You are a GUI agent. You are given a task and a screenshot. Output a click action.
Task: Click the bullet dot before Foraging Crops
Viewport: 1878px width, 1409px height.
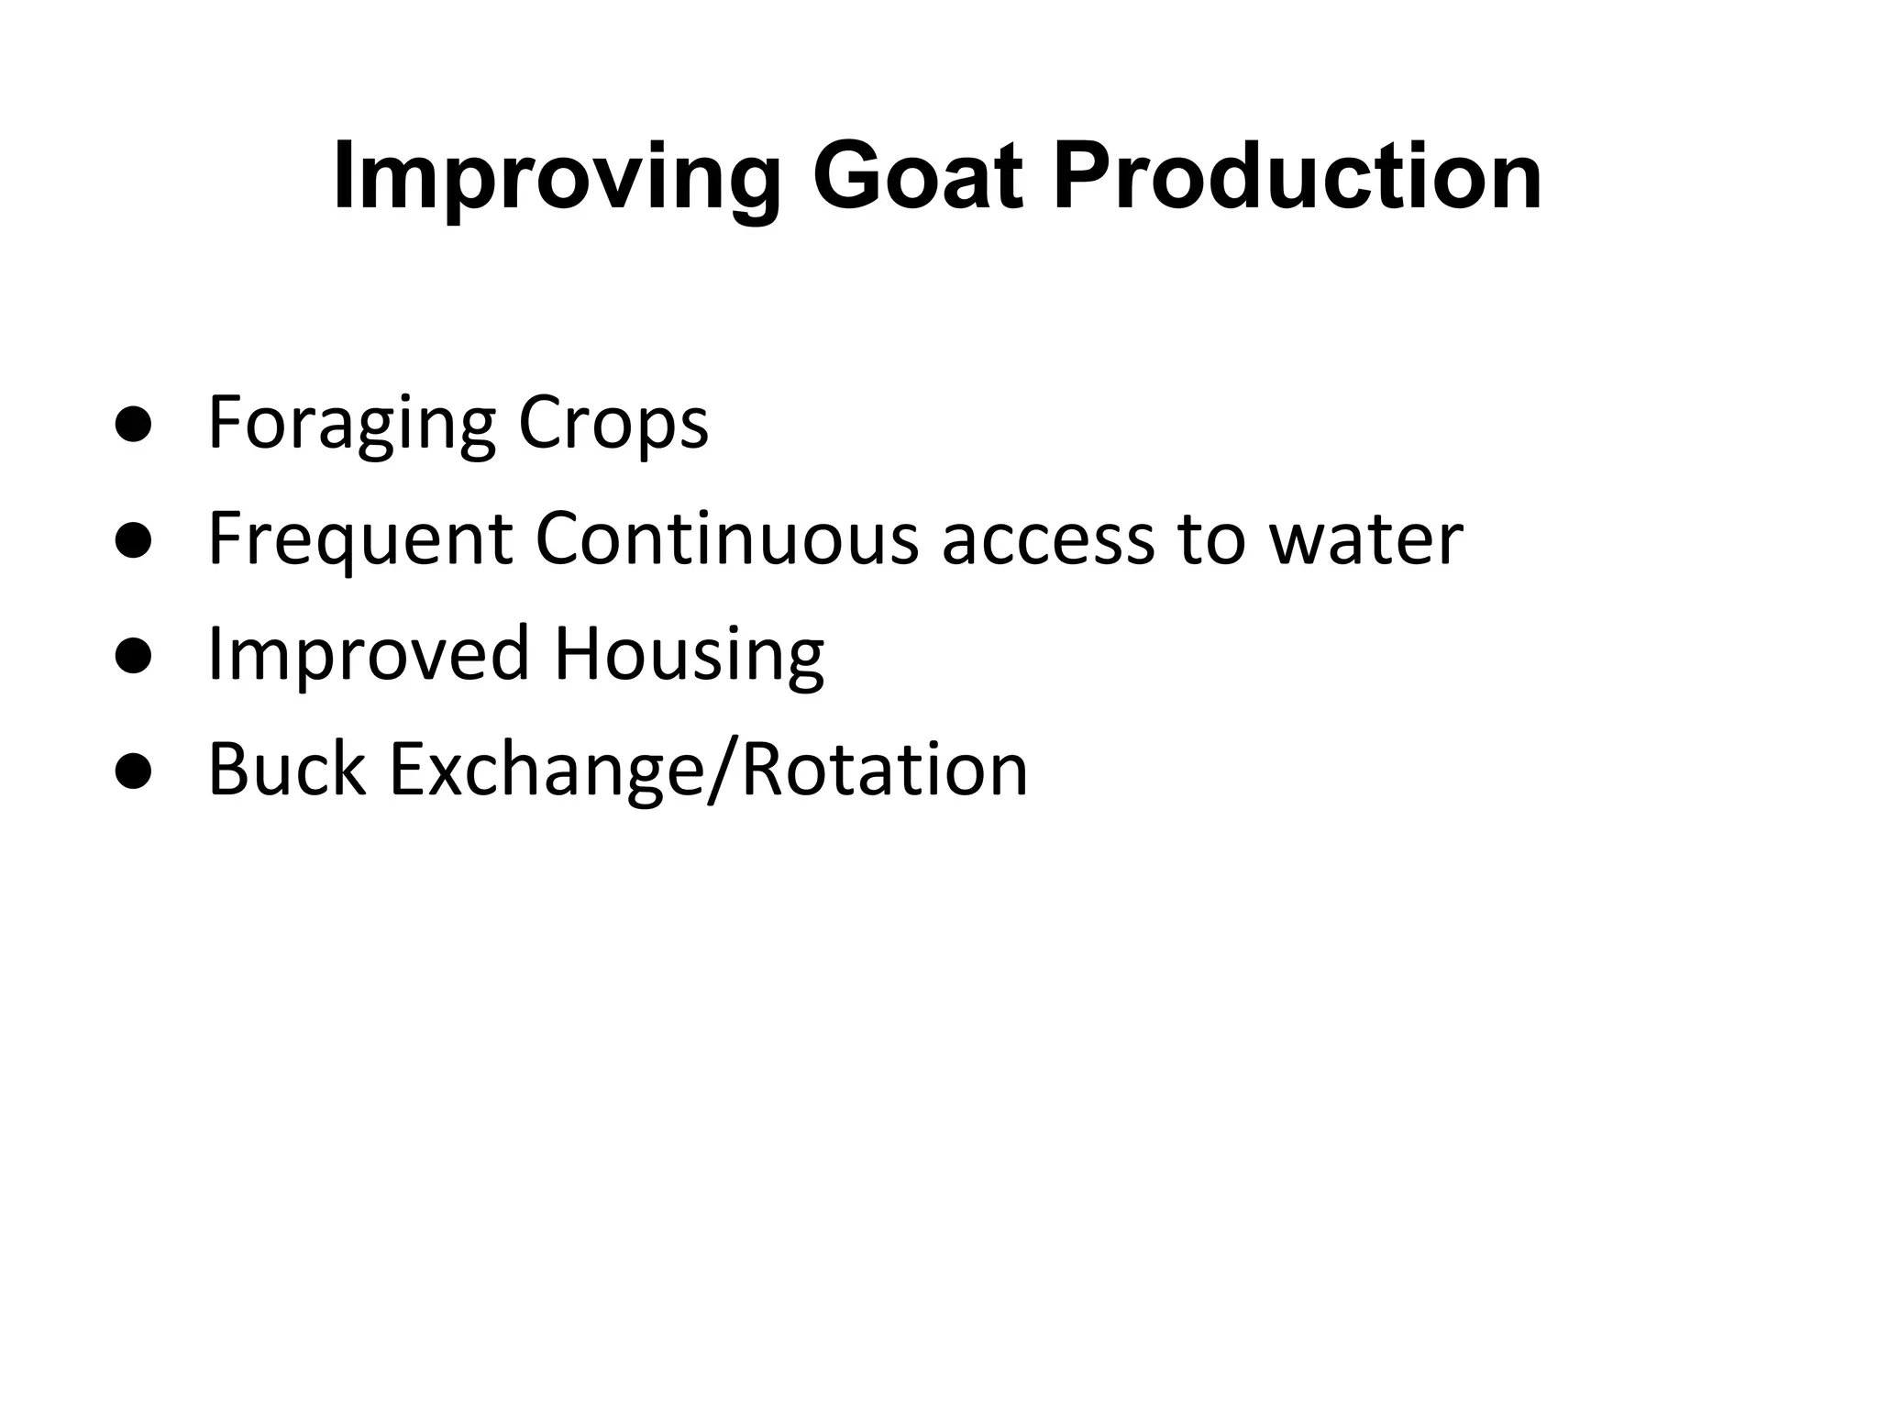134,425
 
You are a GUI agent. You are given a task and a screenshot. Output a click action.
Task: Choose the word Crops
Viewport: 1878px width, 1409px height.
613,425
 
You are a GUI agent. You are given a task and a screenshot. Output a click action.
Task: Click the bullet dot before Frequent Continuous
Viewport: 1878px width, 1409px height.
134,541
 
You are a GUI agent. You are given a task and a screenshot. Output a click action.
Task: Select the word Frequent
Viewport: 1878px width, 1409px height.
360,541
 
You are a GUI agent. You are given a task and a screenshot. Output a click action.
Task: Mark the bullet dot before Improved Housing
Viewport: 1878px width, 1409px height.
134,657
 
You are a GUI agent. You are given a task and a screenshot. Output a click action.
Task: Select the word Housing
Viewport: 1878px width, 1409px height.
689,657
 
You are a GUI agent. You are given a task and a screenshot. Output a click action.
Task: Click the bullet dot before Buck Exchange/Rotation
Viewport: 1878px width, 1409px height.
134,772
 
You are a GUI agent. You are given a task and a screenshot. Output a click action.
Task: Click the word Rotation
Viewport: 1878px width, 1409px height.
884,771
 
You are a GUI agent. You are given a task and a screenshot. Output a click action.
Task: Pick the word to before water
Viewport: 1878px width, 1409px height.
1210,541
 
